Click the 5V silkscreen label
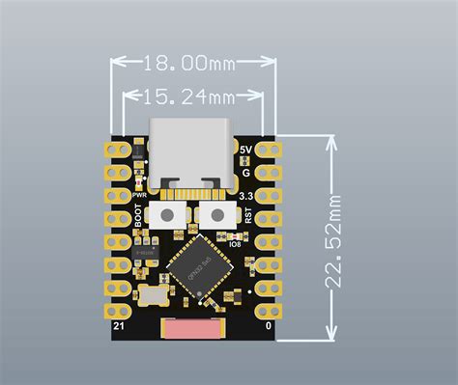point(245,151)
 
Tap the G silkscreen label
point(246,173)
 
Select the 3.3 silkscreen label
point(246,196)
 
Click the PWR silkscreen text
point(138,195)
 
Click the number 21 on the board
point(117,329)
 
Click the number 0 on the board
point(268,329)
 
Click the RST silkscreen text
point(248,216)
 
